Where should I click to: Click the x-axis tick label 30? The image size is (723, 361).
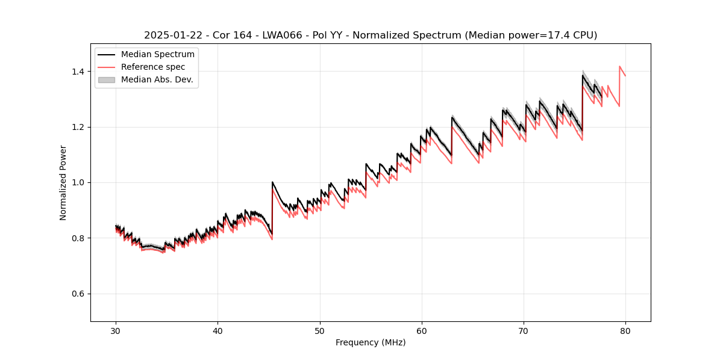(x=116, y=330)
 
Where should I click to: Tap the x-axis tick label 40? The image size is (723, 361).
(x=218, y=330)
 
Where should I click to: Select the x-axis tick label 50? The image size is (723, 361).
(x=320, y=330)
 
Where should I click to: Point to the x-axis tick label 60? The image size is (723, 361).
(x=422, y=330)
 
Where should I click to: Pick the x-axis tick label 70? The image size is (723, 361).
(x=524, y=330)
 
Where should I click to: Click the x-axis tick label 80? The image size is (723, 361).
(x=625, y=330)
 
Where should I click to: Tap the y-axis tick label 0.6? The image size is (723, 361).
(x=78, y=294)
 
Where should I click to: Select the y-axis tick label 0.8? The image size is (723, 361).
(x=78, y=238)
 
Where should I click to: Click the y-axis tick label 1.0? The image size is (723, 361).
(x=78, y=182)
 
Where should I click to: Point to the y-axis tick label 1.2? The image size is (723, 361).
(x=78, y=127)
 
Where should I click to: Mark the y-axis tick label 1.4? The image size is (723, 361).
(x=78, y=72)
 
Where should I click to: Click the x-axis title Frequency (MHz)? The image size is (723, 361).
(x=371, y=342)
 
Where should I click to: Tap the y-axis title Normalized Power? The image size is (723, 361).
(x=63, y=182)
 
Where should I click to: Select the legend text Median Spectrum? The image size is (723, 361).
(x=157, y=55)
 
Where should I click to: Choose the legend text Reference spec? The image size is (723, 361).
(x=153, y=67)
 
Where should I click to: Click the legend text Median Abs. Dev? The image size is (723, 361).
(x=157, y=79)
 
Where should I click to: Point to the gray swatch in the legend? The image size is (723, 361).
(x=107, y=79)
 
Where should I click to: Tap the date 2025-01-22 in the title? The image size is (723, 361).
(x=170, y=35)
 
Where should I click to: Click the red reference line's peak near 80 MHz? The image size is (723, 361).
(x=619, y=67)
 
